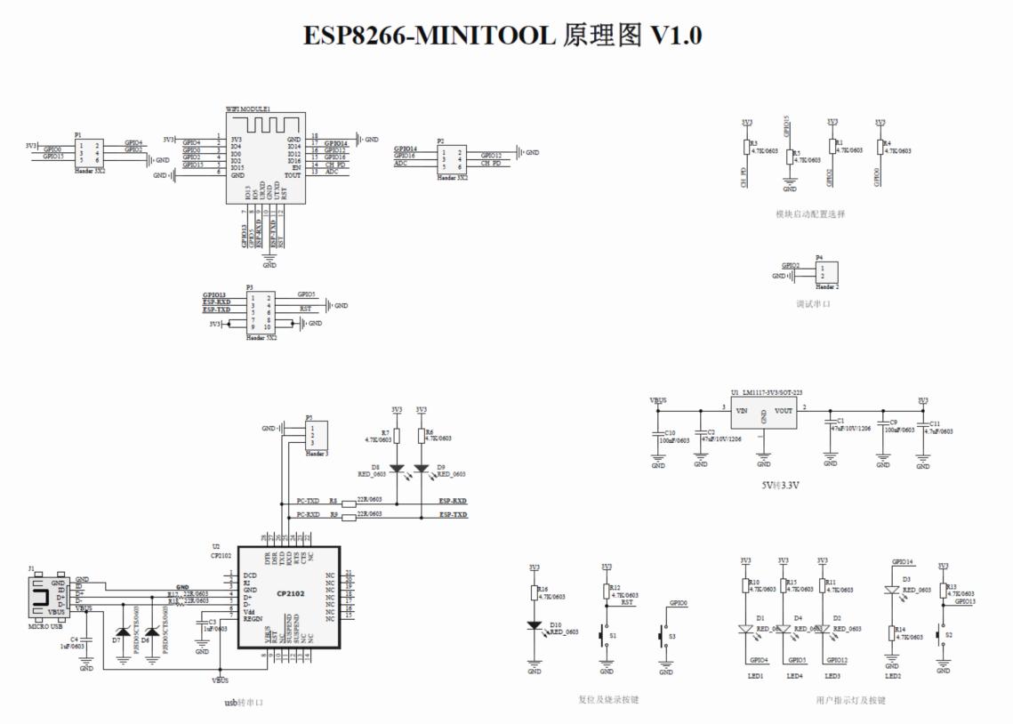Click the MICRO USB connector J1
(44, 597)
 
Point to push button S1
(607, 636)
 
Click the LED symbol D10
(535, 625)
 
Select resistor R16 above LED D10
(535, 591)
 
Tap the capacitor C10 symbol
(658, 433)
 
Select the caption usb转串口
(243, 703)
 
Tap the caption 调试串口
(813, 304)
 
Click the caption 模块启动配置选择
(810, 214)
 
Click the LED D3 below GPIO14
(892, 590)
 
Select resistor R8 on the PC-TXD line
(349, 503)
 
